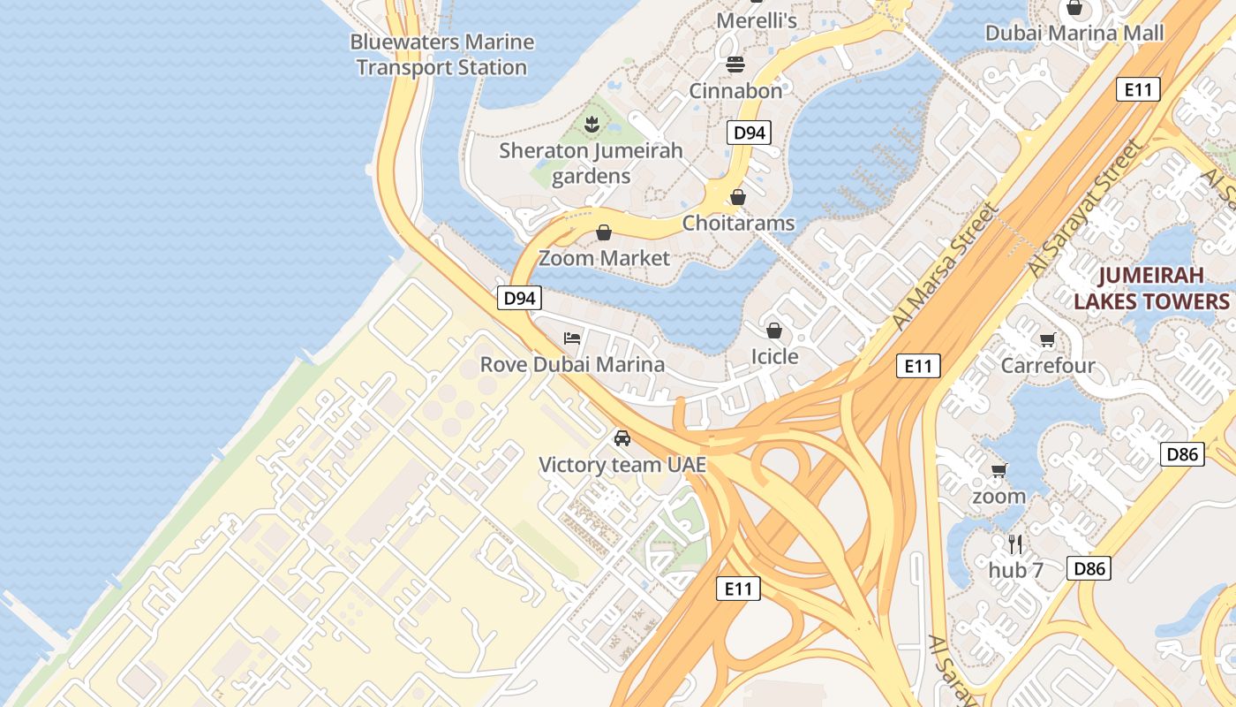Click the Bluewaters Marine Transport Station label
click(x=441, y=55)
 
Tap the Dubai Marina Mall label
click(x=1074, y=33)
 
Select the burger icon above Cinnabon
click(x=735, y=65)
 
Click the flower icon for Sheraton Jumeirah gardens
click(x=591, y=125)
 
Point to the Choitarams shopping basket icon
click(x=738, y=197)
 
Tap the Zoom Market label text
click(x=605, y=258)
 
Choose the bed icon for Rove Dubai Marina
click(x=572, y=338)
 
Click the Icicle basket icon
click(x=774, y=331)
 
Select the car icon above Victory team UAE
click(x=622, y=438)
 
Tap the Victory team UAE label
click(x=622, y=464)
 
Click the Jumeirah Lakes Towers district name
click(x=1151, y=289)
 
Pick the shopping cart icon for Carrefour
click(x=1048, y=340)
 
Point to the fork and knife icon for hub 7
click(x=1015, y=544)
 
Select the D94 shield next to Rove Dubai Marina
click(x=519, y=299)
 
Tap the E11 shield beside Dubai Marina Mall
click(x=1137, y=89)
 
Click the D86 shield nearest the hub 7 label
click(x=1088, y=568)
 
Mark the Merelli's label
click(x=757, y=19)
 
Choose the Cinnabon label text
click(x=735, y=90)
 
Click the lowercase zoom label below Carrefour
click(x=999, y=496)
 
